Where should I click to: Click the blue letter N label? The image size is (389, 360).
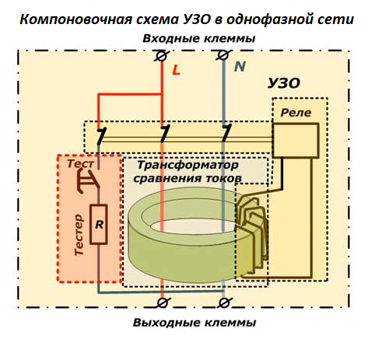click(240, 68)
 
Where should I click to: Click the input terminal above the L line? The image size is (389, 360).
click(161, 56)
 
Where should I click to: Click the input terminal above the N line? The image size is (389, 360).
click(224, 56)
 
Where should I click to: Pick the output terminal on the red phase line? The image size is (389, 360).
click(161, 301)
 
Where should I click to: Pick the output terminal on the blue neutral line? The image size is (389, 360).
click(224, 301)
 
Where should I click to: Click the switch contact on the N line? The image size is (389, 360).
click(225, 136)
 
